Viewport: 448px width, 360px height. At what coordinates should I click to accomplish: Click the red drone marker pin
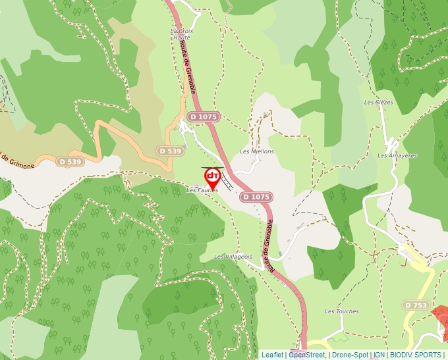coord(213,177)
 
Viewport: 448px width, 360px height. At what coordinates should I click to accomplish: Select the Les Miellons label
coord(256,151)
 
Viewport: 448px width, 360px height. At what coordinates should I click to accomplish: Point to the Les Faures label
coord(202,190)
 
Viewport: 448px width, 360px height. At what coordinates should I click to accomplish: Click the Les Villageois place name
coord(233,257)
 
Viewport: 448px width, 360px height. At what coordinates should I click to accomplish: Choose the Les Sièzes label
coord(379,103)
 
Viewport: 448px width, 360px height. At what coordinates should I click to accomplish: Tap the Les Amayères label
coord(397,156)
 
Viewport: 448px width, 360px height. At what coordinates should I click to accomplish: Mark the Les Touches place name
coord(342,311)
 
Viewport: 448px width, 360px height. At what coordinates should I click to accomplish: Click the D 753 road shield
coord(416,305)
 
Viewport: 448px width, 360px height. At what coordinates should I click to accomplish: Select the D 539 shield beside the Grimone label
coord(70,161)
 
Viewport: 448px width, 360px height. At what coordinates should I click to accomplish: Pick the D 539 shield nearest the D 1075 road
coord(170,151)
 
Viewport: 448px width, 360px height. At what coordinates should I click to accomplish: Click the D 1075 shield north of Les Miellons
coord(202,116)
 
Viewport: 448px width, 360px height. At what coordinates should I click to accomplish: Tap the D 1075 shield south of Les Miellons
coord(256,197)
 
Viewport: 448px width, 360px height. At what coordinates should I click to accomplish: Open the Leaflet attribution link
coord(272,355)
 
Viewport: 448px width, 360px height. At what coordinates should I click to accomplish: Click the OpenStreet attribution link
coord(307,355)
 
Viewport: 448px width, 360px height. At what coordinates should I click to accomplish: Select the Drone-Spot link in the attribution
coord(350,355)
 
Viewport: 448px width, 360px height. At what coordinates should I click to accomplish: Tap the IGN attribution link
coord(379,355)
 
